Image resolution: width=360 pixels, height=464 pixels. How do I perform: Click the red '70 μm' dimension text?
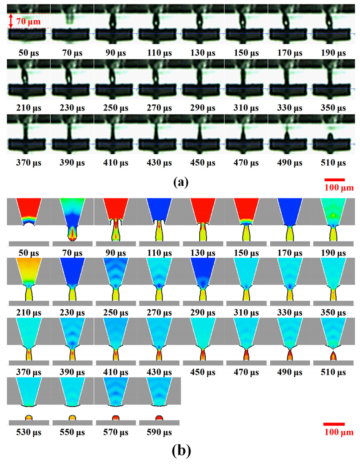point(28,21)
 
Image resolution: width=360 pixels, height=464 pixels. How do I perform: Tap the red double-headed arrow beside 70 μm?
point(11,21)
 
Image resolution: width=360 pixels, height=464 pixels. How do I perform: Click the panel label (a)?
point(181,182)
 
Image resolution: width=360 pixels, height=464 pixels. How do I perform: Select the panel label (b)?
point(181,450)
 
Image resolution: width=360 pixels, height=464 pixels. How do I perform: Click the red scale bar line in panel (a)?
point(334,180)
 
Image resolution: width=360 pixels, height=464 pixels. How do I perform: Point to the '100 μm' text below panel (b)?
point(339,432)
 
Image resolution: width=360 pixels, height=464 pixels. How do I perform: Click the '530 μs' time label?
point(29,432)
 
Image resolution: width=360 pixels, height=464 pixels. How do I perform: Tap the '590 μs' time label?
point(159,432)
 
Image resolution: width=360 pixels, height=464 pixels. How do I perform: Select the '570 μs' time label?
point(116,432)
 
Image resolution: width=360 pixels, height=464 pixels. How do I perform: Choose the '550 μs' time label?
point(72,432)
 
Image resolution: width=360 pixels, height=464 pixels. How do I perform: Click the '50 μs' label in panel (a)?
point(29,53)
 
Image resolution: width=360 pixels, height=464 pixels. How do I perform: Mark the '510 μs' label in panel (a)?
point(333,163)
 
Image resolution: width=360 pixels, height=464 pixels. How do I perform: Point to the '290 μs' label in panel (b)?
point(203,312)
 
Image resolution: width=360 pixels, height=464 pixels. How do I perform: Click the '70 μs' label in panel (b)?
point(72,253)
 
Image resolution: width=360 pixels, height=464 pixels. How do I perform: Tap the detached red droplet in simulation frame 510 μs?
point(333,356)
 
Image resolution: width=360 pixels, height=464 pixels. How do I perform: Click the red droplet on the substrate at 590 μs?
point(159,418)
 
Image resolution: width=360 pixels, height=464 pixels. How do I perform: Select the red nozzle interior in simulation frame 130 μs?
point(203,209)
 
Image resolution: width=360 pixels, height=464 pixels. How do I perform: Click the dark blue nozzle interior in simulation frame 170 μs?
point(290,211)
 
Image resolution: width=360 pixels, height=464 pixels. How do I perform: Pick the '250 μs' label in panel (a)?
point(116,108)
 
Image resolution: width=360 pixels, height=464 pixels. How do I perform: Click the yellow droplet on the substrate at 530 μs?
point(29,418)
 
